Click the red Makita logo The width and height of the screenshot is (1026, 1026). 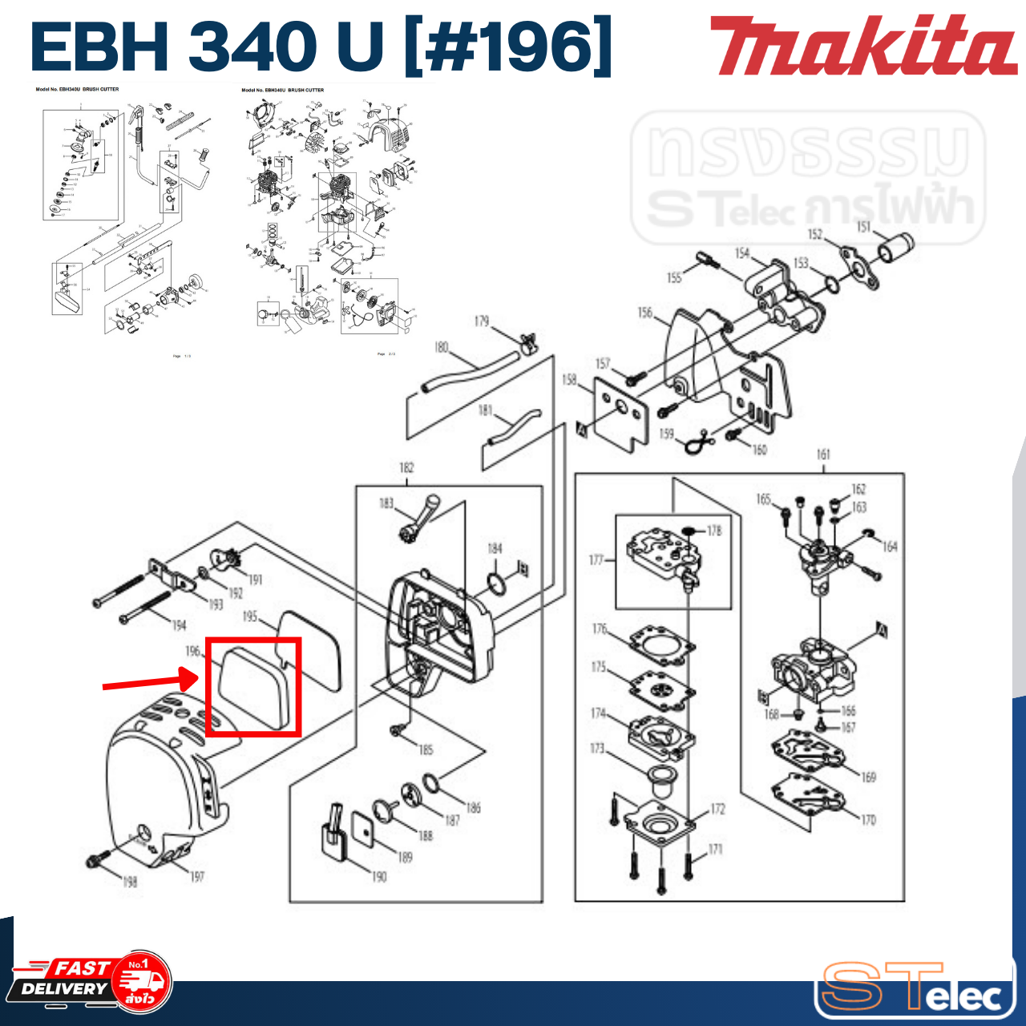tap(862, 46)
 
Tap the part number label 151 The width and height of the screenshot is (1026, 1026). tap(863, 227)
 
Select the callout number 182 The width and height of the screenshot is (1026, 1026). tap(406, 467)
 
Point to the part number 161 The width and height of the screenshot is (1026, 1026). tap(823, 454)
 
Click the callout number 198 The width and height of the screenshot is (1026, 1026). tap(129, 882)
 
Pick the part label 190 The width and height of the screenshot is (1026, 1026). tap(379, 877)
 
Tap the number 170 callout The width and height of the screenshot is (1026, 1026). tap(868, 820)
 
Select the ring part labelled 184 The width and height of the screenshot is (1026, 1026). tap(497, 584)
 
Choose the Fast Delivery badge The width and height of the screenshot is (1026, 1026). tap(92, 981)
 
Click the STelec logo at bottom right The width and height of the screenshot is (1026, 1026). tap(914, 988)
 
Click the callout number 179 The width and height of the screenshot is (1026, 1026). tap(481, 321)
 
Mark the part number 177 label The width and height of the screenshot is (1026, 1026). tap(596, 559)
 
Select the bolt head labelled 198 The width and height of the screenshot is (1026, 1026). tap(96, 862)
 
